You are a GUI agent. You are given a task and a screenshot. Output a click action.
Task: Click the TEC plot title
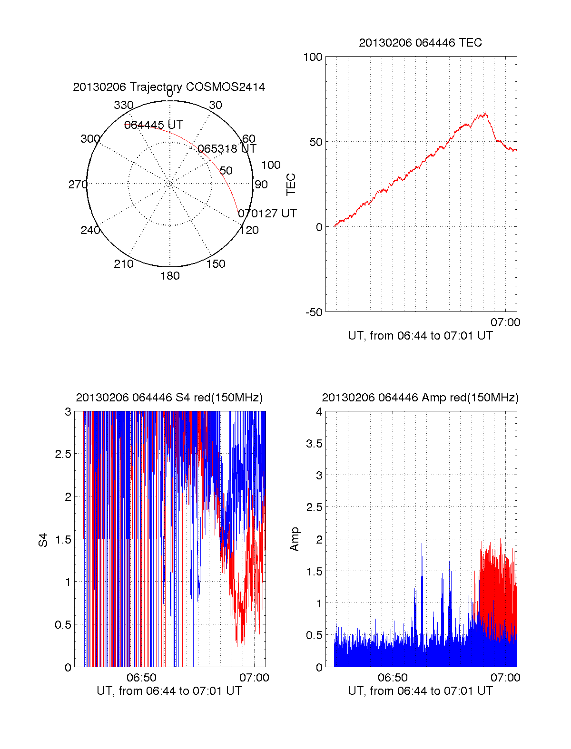pos(420,43)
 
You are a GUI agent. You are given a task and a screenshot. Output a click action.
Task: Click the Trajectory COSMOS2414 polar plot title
pos(169,87)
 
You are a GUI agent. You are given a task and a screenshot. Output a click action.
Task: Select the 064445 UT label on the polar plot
pos(153,125)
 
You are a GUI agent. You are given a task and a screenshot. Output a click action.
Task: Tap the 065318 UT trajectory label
pos(227,149)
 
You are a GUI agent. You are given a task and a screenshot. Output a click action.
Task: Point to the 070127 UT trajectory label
pos(267,214)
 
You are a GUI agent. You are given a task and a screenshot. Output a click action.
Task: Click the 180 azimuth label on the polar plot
pos(170,276)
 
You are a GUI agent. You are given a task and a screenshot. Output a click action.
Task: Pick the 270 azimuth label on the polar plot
pos(78,185)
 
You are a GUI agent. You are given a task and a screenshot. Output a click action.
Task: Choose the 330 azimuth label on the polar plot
pos(123,105)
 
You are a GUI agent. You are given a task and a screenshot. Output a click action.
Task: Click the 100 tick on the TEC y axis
pos(313,57)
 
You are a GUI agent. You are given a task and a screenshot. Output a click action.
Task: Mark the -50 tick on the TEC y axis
pos(314,312)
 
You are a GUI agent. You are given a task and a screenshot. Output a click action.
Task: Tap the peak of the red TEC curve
pos(485,113)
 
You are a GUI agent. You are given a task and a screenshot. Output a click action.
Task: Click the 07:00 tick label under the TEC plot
pos(505,322)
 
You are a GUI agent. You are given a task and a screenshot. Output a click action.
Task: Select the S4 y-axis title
pos(43,540)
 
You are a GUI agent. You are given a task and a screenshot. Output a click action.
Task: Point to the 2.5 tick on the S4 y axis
pos(63,454)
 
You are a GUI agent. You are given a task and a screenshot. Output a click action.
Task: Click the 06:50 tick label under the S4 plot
pos(142,678)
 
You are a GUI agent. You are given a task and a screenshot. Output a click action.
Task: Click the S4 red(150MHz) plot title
pos(169,398)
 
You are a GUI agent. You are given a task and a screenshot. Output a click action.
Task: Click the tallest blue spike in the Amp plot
pos(422,544)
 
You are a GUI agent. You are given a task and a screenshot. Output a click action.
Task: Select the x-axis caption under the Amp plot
pos(420,691)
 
